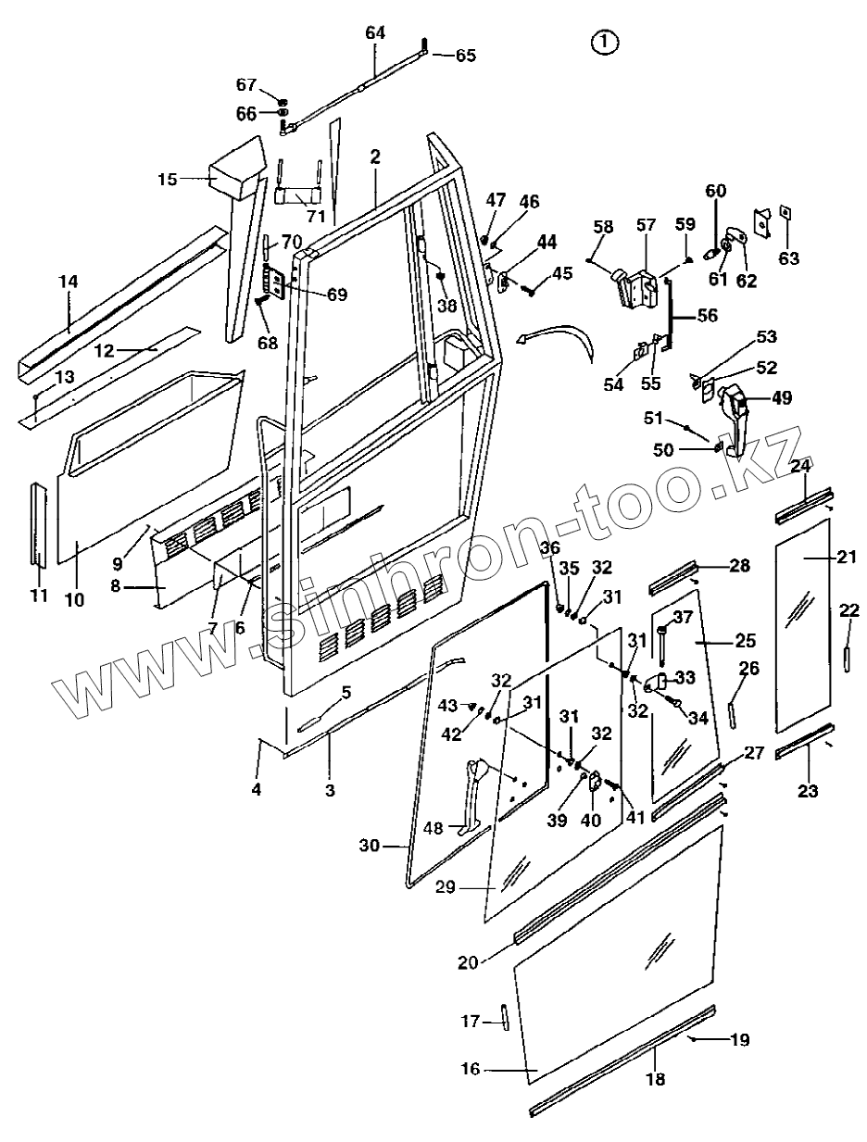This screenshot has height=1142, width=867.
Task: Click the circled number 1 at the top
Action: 605,43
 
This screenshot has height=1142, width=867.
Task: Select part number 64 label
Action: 375,32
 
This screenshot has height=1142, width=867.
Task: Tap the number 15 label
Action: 168,179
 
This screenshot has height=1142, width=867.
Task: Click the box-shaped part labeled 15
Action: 236,169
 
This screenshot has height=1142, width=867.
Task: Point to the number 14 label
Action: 69,282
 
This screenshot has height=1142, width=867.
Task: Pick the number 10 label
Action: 75,600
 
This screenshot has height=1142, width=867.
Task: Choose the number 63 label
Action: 788,258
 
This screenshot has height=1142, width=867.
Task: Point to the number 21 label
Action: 847,557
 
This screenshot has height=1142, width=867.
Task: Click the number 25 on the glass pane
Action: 745,640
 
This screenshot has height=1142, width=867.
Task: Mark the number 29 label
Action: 446,887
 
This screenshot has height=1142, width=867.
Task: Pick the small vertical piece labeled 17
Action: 504,1017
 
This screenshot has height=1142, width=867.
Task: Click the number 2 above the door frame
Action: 375,157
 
